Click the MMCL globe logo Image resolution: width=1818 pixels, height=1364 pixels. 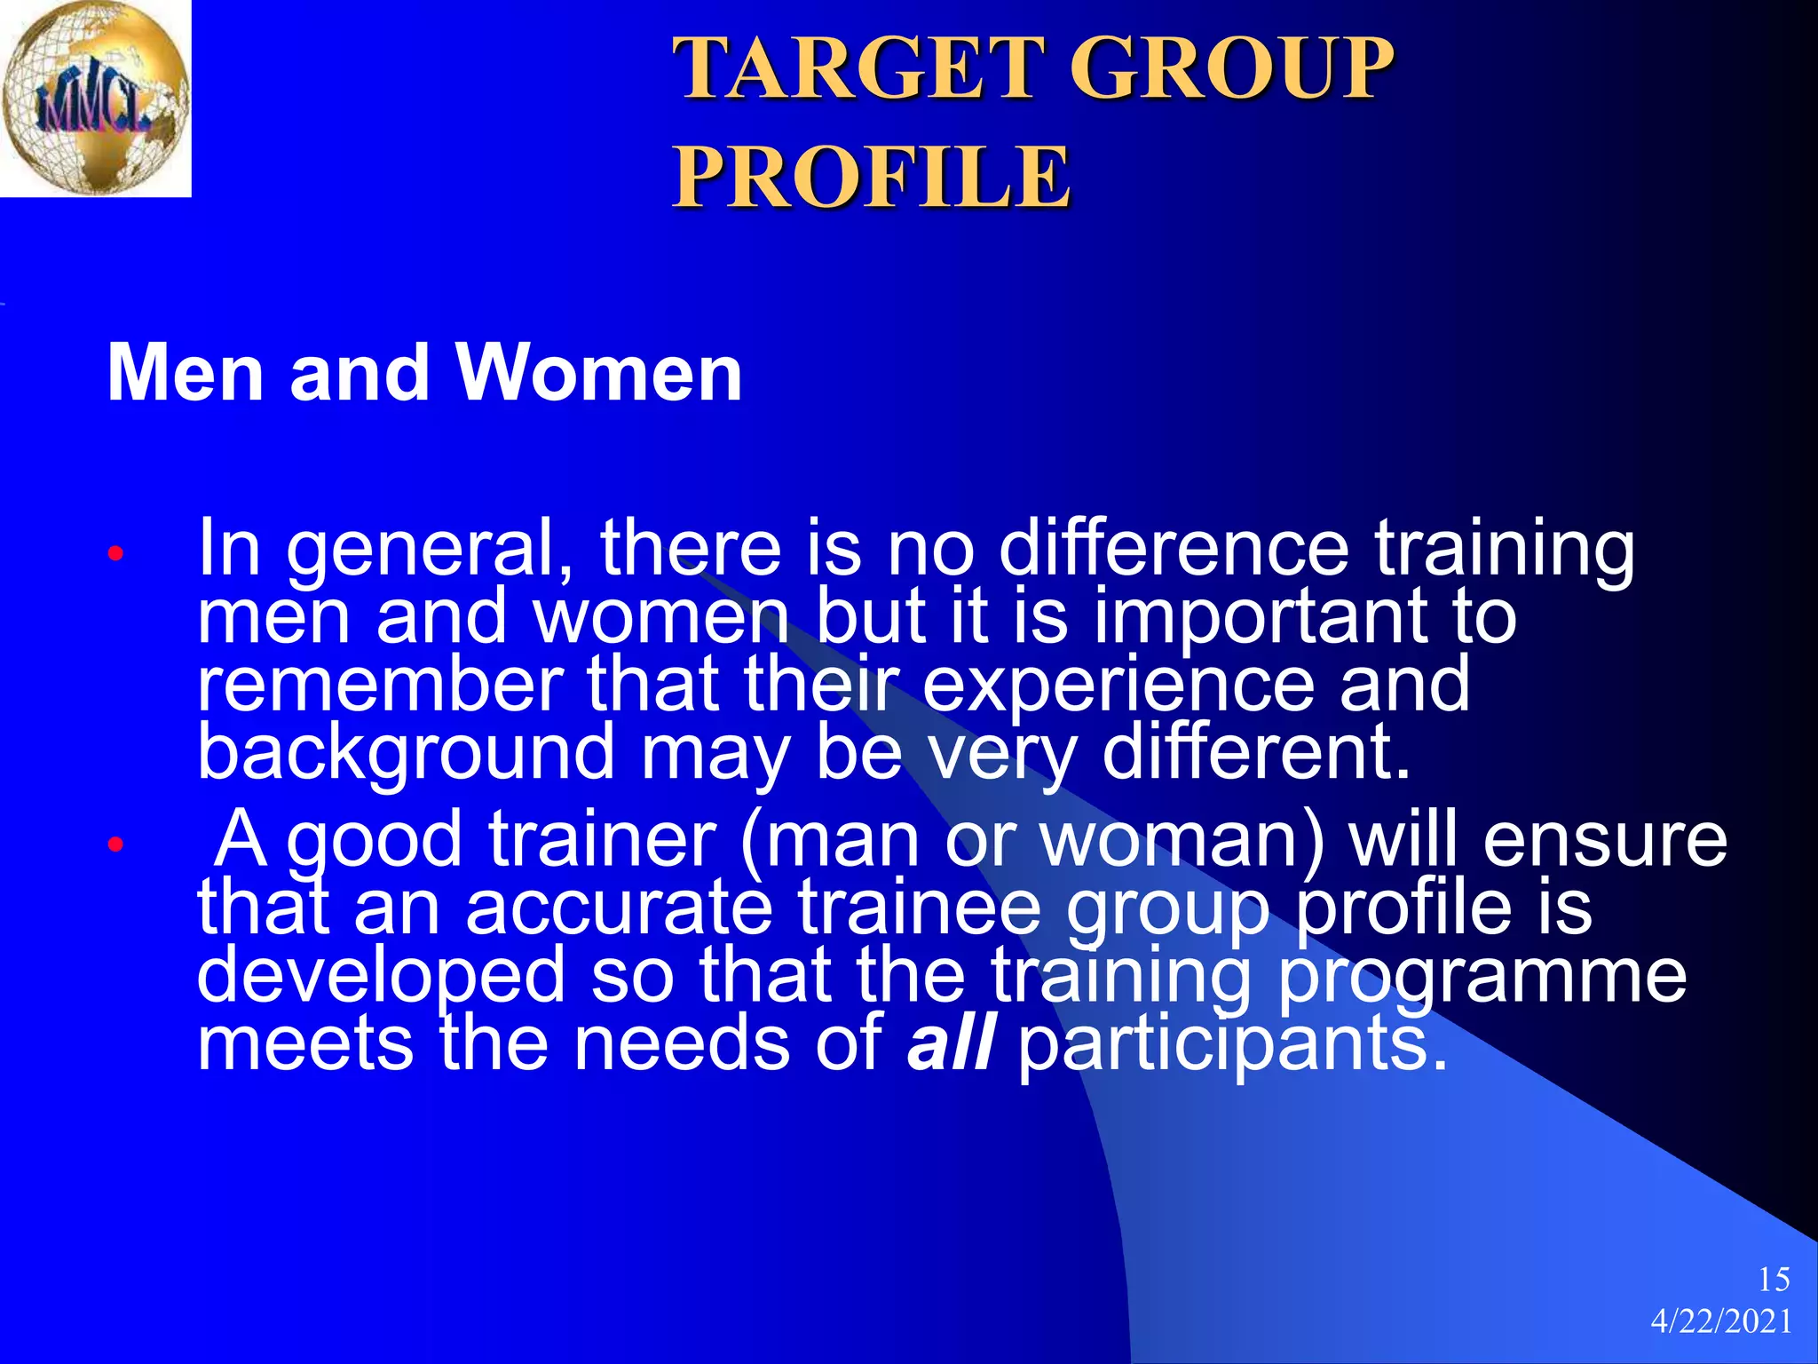point(95,98)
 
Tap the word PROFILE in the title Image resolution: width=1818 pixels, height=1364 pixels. point(872,178)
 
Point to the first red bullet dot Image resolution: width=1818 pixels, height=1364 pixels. point(115,554)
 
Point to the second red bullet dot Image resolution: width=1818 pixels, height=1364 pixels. point(115,844)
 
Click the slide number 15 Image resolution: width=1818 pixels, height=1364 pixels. point(1773,1280)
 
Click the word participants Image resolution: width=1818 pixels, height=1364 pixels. point(1232,1044)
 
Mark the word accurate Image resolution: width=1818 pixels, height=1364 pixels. point(619,908)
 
